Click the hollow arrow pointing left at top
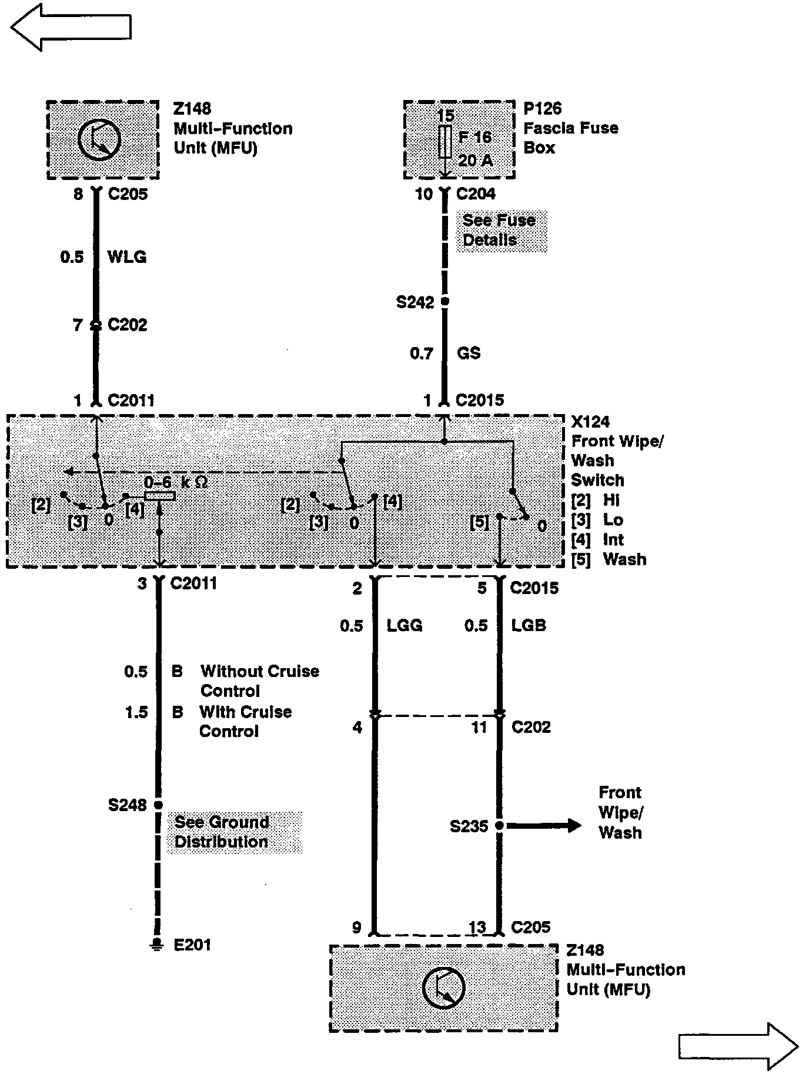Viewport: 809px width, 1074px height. pos(71,27)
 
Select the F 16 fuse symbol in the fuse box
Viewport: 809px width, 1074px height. pos(445,142)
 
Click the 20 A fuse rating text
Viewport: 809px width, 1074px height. pos(475,160)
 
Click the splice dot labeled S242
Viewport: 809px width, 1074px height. pos(445,302)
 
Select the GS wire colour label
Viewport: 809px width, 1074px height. pos(469,353)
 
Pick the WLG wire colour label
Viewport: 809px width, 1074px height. pos(127,257)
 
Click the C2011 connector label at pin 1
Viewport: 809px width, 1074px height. pos(131,401)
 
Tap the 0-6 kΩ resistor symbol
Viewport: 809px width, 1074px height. pos(160,496)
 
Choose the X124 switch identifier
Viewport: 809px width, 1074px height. pos(590,422)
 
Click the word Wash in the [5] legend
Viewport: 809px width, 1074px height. pos(624,559)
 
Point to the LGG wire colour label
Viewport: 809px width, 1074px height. pos(404,625)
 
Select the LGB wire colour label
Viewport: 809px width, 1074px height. pos(529,625)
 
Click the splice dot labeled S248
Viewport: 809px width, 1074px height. pos(158,805)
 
